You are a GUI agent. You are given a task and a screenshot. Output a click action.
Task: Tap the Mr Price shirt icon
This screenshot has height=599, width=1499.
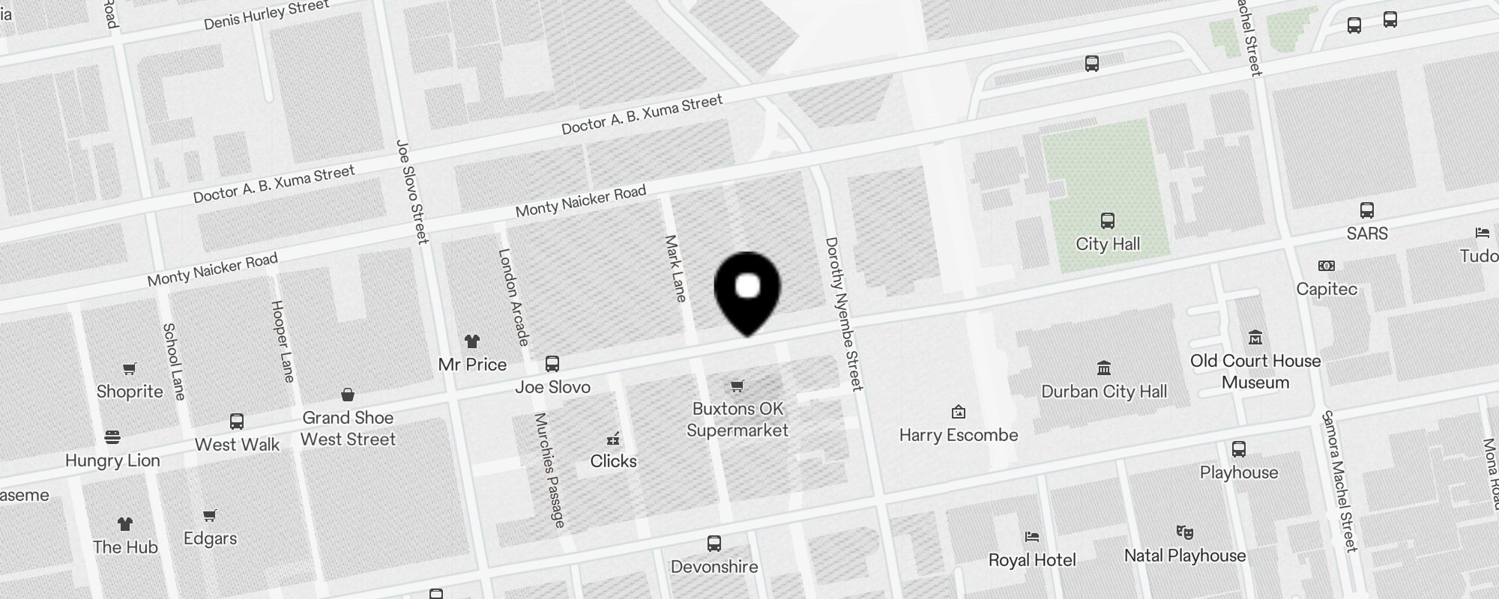pyautogui.click(x=471, y=341)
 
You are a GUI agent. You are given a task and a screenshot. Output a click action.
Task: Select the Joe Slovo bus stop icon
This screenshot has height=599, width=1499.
pyautogui.click(x=552, y=364)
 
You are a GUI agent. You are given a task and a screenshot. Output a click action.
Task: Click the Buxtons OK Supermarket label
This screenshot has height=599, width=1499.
pyautogui.click(x=738, y=419)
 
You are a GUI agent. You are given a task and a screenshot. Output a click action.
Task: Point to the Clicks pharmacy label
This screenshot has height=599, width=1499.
pyautogui.click(x=613, y=461)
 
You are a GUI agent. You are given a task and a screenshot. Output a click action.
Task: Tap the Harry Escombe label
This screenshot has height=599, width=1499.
pyautogui.click(x=959, y=435)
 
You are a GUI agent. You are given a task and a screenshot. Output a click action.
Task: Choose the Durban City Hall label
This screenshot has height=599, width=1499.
pyautogui.click(x=1104, y=392)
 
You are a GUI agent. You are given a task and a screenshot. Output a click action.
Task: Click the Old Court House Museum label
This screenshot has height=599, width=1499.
pyautogui.click(x=1255, y=371)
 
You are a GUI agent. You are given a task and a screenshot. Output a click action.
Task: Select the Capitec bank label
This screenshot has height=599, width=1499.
pyautogui.click(x=1327, y=289)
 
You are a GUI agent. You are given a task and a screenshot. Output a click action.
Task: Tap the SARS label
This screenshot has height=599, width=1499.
pyautogui.click(x=1367, y=234)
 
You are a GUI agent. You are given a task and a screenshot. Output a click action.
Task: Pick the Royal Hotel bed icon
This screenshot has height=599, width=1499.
pyautogui.click(x=1032, y=537)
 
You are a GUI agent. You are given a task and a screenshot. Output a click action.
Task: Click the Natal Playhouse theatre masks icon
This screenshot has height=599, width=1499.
pyautogui.click(x=1184, y=532)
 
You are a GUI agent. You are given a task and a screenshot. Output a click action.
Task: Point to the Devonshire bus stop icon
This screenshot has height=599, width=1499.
pyautogui.click(x=714, y=544)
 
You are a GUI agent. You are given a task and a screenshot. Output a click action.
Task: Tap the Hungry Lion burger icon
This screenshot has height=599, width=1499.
pyautogui.click(x=112, y=437)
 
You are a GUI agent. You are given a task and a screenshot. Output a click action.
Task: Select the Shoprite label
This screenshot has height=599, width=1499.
pyautogui.click(x=130, y=392)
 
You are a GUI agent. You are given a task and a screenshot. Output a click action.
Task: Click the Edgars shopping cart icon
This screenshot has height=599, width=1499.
pyautogui.click(x=210, y=515)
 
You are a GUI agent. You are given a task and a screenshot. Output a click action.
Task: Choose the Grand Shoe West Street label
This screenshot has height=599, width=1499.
pyautogui.click(x=348, y=428)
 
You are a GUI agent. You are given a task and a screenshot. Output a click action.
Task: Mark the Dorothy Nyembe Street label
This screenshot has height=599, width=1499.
pyautogui.click(x=844, y=314)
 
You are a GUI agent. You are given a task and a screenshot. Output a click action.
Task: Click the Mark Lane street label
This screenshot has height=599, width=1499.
pyautogui.click(x=675, y=269)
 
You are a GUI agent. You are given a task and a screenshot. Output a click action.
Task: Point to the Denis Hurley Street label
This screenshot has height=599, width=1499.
pyautogui.click(x=266, y=15)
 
